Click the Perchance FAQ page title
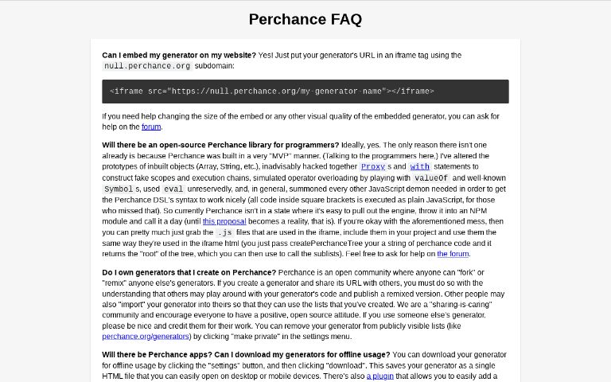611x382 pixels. tap(305, 19)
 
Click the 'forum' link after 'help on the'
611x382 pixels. tap(151, 127)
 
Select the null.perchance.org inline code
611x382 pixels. tap(148, 66)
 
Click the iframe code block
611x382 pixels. tap(305, 92)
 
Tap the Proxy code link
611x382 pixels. tap(372, 167)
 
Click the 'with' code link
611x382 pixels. tap(419, 167)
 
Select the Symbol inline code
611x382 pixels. tap(119, 189)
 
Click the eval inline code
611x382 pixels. tap(173, 189)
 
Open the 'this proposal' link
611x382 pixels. tap(224, 221)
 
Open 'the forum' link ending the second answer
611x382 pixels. tap(453, 254)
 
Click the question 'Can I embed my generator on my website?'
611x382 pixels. tap(179, 55)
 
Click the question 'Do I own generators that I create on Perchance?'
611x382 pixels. tap(189, 272)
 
